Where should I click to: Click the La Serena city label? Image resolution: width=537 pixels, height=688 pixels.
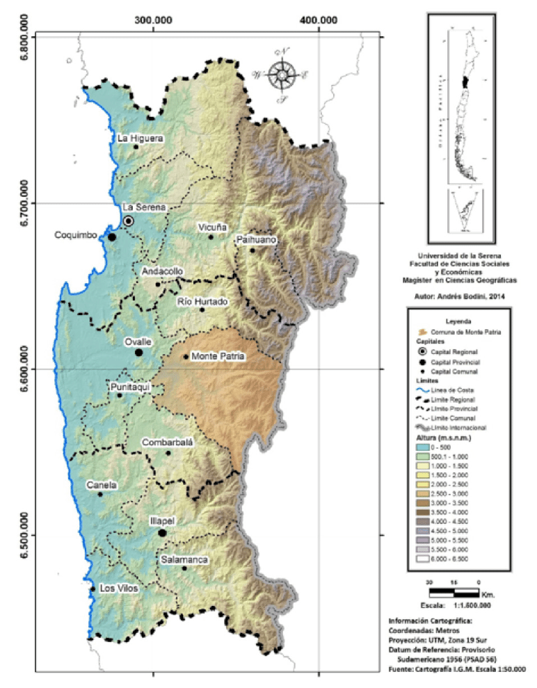tap(144, 207)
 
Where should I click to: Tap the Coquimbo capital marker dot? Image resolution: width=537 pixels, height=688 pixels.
tap(112, 237)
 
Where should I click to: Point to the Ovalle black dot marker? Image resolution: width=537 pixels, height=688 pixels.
tap(139, 353)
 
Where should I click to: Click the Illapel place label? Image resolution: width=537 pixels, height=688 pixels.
tap(162, 520)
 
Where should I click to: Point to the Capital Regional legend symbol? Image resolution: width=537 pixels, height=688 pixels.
tap(422, 353)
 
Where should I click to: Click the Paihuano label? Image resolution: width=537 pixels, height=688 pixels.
tap(255, 240)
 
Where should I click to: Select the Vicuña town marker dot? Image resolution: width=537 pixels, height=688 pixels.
tap(211, 237)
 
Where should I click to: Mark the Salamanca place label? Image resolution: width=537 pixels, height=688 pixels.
tap(184, 559)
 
